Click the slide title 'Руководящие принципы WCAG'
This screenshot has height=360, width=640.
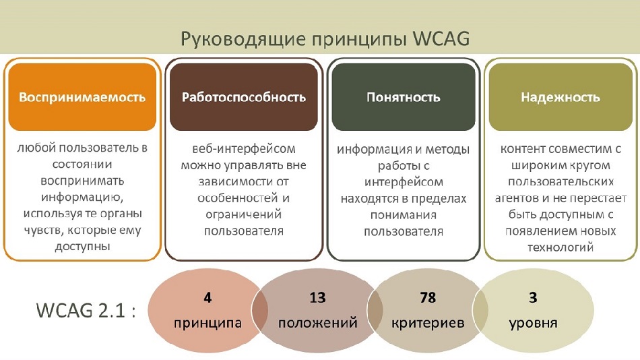[325, 39]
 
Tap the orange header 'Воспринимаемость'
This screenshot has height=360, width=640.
[82, 97]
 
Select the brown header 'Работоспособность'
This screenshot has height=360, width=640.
[244, 97]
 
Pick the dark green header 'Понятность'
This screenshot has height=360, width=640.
[404, 97]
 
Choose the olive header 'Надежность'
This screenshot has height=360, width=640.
[561, 97]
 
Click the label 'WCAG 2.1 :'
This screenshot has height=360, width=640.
[86, 311]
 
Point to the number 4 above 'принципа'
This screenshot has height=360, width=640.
[207, 297]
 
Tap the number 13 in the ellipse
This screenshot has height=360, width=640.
[317, 297]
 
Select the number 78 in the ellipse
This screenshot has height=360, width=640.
[428, 297]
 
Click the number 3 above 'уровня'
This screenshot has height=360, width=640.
[533, 297]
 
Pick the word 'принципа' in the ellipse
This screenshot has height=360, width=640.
[207, 323]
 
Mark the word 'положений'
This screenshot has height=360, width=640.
[317, 323]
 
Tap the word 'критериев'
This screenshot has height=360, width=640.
[428, 323]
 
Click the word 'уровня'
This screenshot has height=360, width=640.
[533, 323]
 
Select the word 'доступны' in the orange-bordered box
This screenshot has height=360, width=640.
[82, 247]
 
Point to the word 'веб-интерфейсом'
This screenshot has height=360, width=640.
[244, 149]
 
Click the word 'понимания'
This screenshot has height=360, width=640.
[404, 215]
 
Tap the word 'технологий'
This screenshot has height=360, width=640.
[561, 247]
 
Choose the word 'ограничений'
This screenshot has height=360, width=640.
[244, 214]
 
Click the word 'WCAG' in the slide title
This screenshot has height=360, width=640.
[441, 39]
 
